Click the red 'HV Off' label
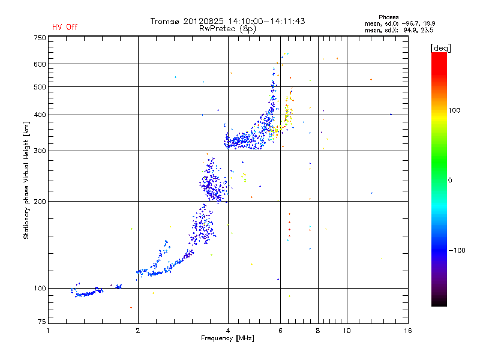pos(65,27)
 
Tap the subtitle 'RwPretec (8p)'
pos(227,29)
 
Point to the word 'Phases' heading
pos(388,17)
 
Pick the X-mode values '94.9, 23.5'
pos(418,30)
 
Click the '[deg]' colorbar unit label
pos(440,48)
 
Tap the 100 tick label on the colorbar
pos(454,110)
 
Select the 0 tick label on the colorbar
pos(450,181)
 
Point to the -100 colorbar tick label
pos(457,250)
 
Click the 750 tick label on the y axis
pos(40,38)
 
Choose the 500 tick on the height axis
pos(40,87)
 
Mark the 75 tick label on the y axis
pos(42,322)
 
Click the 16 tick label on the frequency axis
pos(408,331)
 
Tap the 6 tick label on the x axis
pos(280,331)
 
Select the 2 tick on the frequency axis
pos(138,331)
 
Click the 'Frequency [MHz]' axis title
pos(228,338)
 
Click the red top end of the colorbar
pos(439,54)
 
